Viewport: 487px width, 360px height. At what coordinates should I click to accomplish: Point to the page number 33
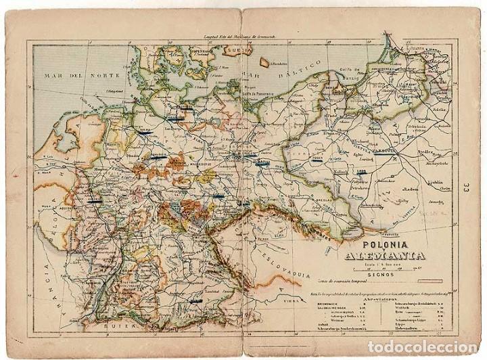click(x=466, y=185)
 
